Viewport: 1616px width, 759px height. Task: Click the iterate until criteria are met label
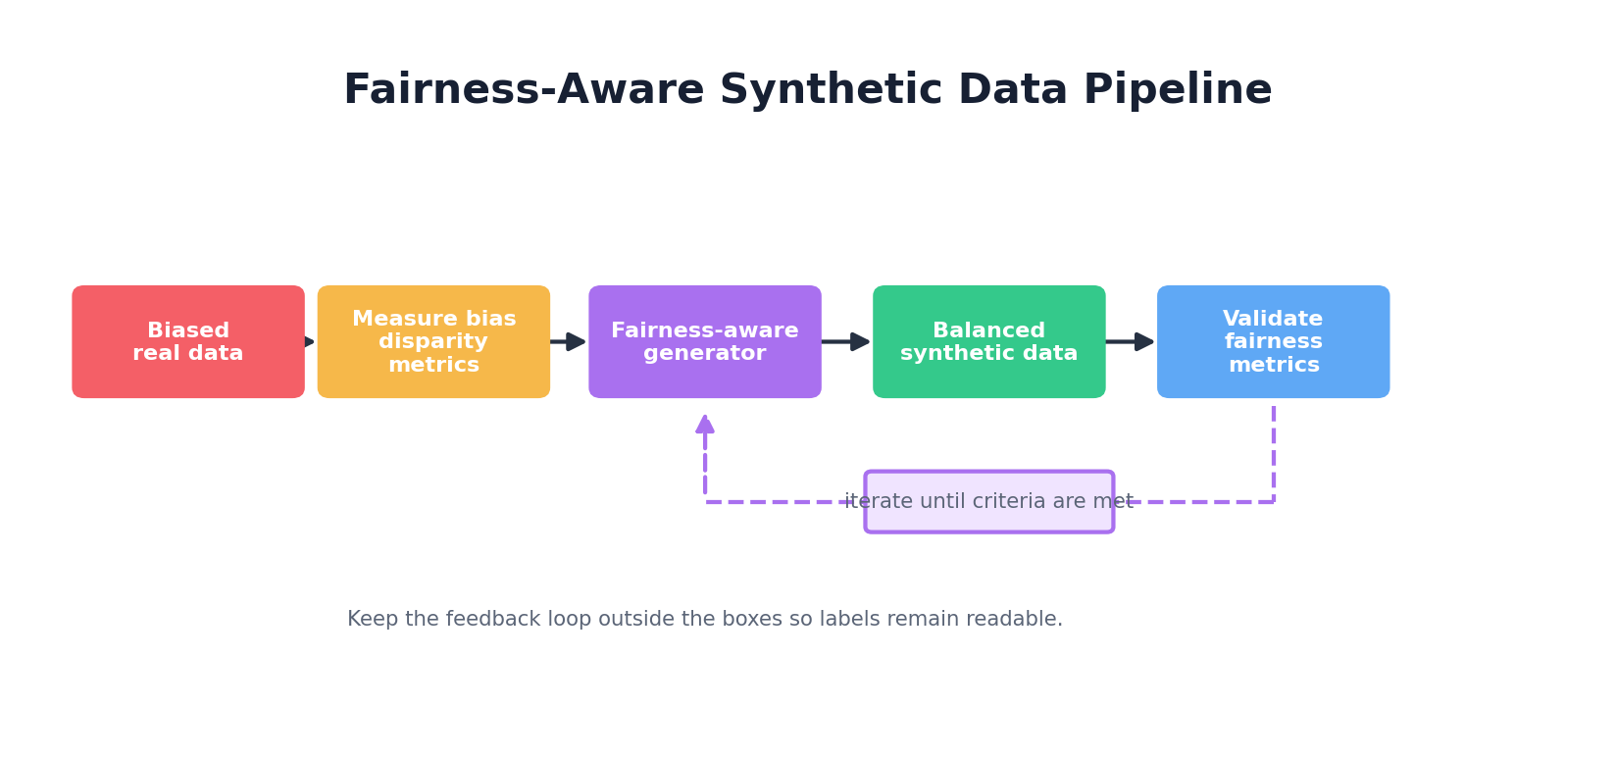(x=988, y=502)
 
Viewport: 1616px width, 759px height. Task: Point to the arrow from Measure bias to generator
(x=569, y=341)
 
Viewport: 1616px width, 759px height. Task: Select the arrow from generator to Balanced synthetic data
(x=846, y=341)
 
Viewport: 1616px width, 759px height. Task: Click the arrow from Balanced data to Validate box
(x=1131, y=341)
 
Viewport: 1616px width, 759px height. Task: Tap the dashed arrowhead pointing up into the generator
(x=705, y=424)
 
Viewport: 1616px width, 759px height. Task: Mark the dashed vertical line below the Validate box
(x=1274, y=451)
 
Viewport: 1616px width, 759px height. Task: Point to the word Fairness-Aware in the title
(x=524, y=90)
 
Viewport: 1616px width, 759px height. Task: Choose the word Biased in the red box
(x=188, y=330)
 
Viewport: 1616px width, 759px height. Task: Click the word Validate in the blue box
(x=1273, y=319)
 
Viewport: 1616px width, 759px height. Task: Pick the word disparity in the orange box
(x=433, y=341)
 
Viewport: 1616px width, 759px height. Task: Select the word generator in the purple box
(x=704, y=353)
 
